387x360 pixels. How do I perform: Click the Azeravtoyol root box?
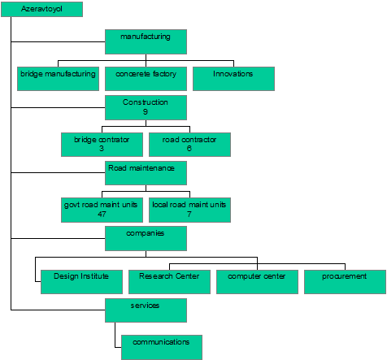(x=42, y=9)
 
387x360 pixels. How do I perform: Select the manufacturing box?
(x=146, y=41)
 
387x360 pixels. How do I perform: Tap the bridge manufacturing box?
(x=58, y=79)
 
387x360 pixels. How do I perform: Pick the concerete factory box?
(x=146, y=79)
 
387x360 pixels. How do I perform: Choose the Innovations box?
(x=233, y=79)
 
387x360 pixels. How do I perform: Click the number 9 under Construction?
(x=146, y=111)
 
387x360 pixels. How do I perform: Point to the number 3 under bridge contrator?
(x=102, y=149)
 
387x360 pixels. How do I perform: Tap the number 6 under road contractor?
(x=189, y=149)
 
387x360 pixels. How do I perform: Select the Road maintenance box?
(x=146, y=173)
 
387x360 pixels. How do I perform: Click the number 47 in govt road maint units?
(x=102, y=215)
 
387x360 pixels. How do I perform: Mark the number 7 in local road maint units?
(x=189, y=215)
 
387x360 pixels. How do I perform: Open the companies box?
(x=146, y=238)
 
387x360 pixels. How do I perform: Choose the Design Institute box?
(x=81, y=282)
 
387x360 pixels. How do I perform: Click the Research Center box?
(x=169, y=282)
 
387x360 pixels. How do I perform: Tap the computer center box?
(x=257, y=282)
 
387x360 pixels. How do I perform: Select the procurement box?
(x=345, y=282)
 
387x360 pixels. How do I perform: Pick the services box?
(x=146, y=310)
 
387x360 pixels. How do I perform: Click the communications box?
(x=162, y=347)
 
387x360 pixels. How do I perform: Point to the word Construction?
(x=146, y=102)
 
